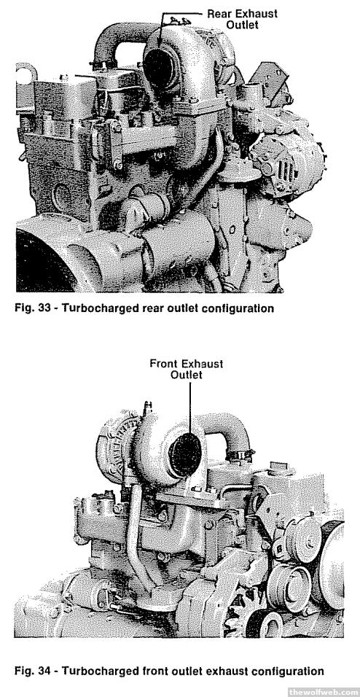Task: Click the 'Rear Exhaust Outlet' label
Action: point(242,19)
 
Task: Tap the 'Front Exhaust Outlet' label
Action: point(187,369)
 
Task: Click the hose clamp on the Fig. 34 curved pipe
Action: point(240,455)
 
